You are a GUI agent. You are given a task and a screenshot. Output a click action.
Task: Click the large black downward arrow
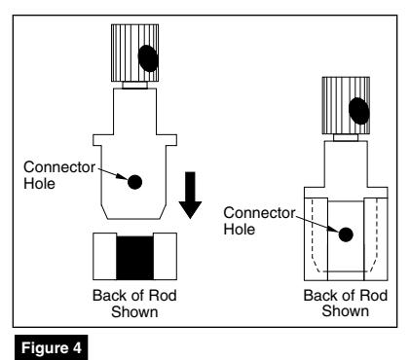click(190, 195)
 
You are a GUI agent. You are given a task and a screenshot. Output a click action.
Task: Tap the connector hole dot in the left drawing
click(134, 182)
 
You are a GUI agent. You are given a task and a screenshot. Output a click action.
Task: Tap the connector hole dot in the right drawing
click(346, 234)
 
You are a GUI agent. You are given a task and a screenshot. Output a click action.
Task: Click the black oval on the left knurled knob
click(148, 58)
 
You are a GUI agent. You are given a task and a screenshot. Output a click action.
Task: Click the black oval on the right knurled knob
click(359, 111)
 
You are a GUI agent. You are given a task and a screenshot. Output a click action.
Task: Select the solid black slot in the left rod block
click(134, 258)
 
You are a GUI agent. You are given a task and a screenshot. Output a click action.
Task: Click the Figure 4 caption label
click(51, 347)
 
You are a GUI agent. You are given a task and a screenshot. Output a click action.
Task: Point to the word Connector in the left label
click(59, 167)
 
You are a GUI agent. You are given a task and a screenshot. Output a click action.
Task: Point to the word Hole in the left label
click(39, 184)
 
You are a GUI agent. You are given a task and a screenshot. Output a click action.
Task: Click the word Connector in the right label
click(259, 213)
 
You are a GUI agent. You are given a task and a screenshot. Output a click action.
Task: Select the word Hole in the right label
click(240, 230)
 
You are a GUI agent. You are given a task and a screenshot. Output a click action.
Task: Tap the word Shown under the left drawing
click(134, 311)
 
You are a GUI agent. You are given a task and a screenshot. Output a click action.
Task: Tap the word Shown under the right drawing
click(346, 310)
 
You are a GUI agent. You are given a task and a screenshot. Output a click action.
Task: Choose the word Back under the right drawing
click(319, 296)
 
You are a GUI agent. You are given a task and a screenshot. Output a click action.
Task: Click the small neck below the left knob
click(134, 85)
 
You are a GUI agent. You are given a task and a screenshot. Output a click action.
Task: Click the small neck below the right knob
click(346, 137)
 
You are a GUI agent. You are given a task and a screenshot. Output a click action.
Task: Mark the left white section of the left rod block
click(104, 256)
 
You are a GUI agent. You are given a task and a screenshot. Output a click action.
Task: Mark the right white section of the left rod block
click(165, 256)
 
